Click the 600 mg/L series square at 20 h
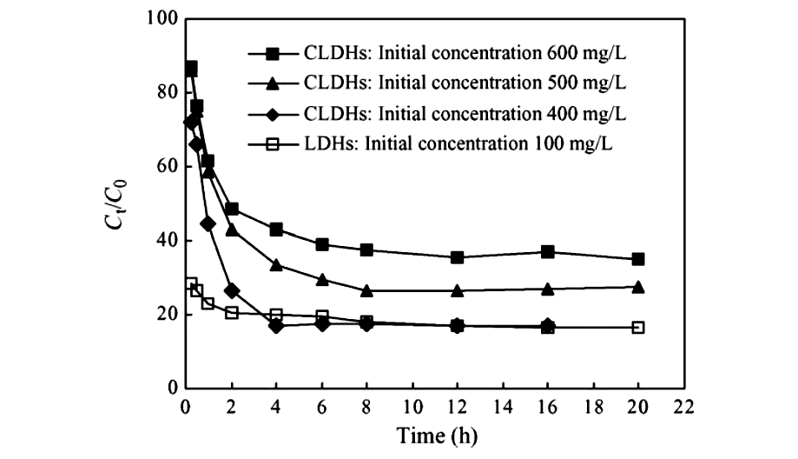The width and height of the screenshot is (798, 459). click(637, 259)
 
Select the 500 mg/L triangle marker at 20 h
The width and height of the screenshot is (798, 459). click(637, 287)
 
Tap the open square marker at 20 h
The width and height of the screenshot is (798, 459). click(637, 328)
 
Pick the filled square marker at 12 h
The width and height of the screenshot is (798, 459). click(457, 257)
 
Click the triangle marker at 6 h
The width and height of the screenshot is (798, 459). click(321, 280)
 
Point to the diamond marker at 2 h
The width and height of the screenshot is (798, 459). click(231, 290)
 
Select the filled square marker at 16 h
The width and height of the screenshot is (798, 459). click(547, 252)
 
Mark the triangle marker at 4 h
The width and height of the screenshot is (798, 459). click(276, 265)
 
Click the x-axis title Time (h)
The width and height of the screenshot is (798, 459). click(437, 434)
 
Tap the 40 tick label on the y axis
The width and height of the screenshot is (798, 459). click(164, 240)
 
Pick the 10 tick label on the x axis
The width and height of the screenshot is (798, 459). click(412, 405)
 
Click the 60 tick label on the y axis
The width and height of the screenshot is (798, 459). click(164, 166)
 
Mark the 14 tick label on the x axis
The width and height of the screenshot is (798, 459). click(502, 405)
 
